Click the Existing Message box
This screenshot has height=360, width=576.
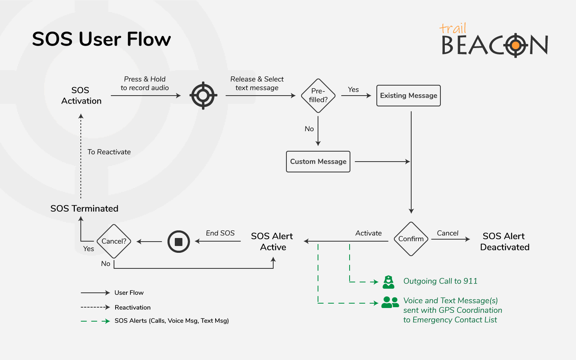408,96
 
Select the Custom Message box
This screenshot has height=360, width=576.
318,162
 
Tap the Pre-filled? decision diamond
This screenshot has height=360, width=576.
318,96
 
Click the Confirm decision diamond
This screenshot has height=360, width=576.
411,239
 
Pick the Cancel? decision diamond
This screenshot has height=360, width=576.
114,241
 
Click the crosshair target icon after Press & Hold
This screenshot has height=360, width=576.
203,96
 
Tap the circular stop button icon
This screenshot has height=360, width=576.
178,242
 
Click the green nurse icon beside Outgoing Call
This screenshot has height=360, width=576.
388,282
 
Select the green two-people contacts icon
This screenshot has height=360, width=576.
390,302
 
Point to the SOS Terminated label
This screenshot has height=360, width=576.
84,208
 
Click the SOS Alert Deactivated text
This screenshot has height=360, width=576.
504,242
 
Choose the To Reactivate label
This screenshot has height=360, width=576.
109,152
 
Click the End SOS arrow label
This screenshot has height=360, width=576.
220,233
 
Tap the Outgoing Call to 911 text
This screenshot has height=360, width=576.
440,281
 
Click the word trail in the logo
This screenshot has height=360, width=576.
453,28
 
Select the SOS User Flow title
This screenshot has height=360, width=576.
102,39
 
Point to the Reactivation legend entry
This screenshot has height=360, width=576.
132,307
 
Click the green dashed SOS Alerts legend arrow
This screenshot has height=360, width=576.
95,321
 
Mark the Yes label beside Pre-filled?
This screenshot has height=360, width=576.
353,90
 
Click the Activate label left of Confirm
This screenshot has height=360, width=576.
368,233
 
